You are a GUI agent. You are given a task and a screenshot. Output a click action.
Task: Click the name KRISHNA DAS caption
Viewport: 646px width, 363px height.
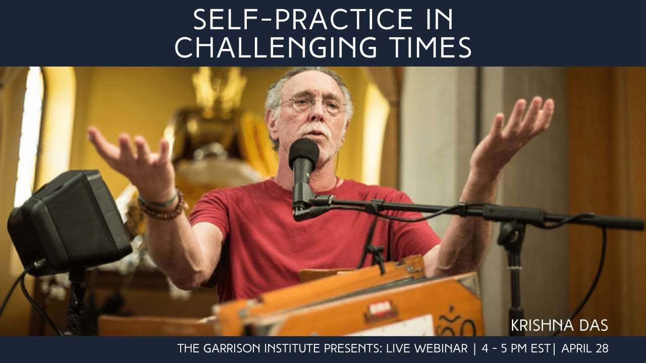(x=560, y=325)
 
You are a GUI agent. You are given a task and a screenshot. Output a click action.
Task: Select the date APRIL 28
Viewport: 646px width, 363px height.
(x=585, y=348)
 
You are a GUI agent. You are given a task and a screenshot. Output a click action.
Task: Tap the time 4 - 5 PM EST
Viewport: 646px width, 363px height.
(x=516, y=348)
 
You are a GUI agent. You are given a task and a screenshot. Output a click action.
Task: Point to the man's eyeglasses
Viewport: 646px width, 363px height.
(x=313, y=104)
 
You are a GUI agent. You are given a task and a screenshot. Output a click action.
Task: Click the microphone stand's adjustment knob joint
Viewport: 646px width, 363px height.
(x=511, y=233)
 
